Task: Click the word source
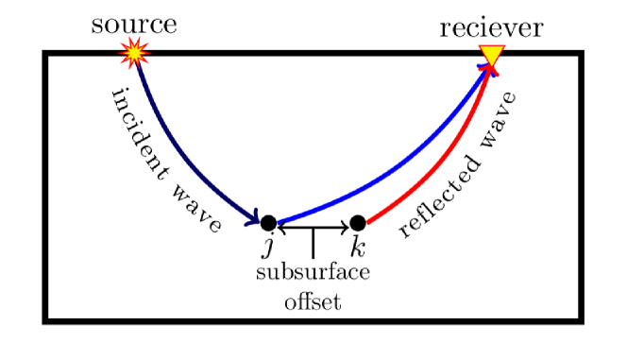(133, 25)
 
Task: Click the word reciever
(491, 28)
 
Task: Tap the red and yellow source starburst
(135, 53)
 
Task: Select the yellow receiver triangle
(491, 57)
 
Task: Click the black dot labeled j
(268, 224)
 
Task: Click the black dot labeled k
(357, 224)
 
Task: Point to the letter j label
(268, 248)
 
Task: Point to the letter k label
(357, 248)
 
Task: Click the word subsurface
(313, 274)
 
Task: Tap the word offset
(313, 302)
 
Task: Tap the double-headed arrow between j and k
(313, 227)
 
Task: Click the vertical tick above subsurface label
(313, 243)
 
